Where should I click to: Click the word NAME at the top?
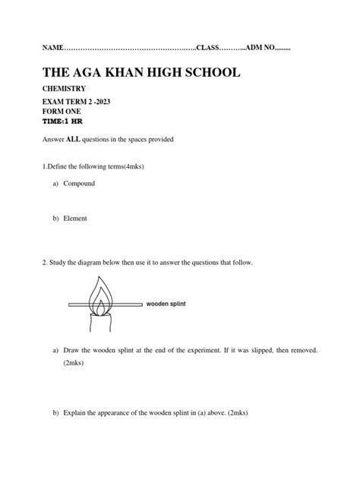[x=52, y=49]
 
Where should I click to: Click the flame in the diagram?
[x=100, y=292]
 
